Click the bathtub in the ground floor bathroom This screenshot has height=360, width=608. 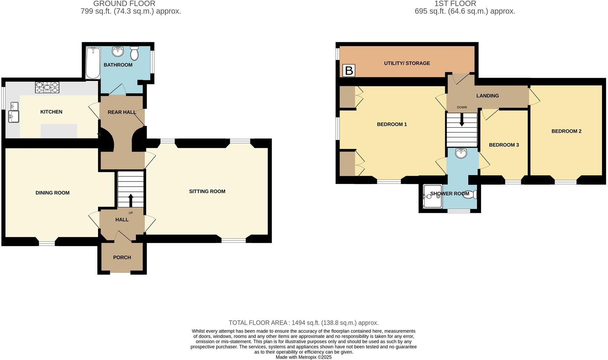(93, 63)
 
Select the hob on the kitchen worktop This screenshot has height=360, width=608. (47, 88)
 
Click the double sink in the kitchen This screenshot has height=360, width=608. (14, 112)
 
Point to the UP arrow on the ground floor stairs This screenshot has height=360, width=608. (131, 201)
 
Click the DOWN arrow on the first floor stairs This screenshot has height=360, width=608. (462, 120)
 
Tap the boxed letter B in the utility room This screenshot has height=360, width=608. (349, 70)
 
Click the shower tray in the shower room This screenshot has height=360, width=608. (432, 197)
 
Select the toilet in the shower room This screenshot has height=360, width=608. (470, 195)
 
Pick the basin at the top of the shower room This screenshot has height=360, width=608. (461, 153)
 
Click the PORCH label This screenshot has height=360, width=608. (122, 257)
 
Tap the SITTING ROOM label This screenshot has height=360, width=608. (207, 191)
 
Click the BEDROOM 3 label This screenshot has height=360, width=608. (504, 145)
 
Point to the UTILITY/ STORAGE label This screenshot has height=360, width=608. (407, 63)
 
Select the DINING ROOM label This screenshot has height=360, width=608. (52, 193)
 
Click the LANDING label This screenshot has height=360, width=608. (487, 96)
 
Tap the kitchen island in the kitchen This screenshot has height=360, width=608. (59, 131)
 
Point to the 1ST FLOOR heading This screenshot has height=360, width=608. (455, 4)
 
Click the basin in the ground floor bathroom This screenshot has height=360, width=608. (118, 52)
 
